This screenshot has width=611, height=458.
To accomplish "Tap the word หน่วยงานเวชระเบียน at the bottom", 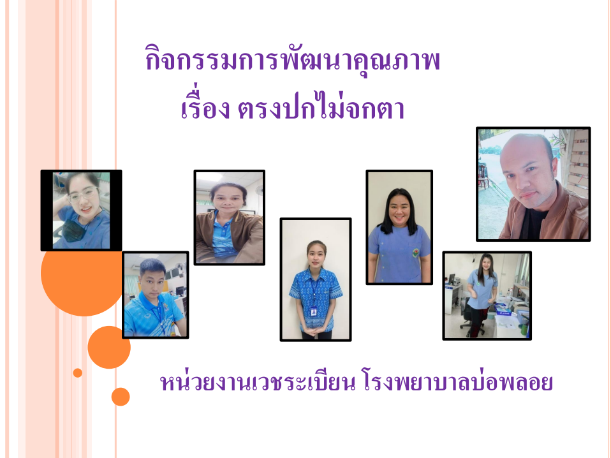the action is tap(258, 382).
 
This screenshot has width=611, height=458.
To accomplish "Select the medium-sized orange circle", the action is tap(108, 347).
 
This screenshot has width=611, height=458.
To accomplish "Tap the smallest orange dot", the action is tap(78, 373).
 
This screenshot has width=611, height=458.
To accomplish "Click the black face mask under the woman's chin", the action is tap(73, 230).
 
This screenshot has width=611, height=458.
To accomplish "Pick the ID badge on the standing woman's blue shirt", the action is tap(313, 312).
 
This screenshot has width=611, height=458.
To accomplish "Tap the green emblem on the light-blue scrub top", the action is tap(416, 252).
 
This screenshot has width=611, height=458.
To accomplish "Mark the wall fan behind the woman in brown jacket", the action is tap(259, 191).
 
